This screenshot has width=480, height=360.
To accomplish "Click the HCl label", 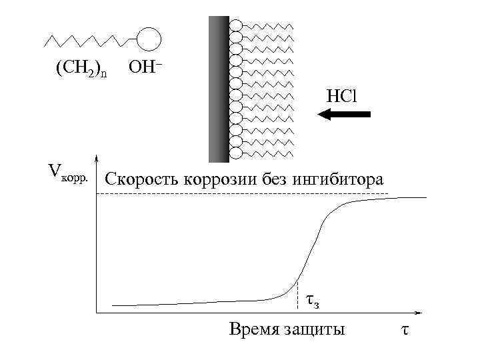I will (x=342, y=95).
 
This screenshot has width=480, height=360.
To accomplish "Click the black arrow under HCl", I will (x=344, y=115).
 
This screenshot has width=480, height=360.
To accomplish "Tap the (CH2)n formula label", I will (x=81, y=69).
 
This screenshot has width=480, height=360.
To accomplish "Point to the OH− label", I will (x=145, y=68).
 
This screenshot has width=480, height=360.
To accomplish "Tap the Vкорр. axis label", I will (x=67, y=171).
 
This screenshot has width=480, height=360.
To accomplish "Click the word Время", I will (x=251, y=329).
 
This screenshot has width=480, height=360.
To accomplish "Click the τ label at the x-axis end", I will (x=405, y=329).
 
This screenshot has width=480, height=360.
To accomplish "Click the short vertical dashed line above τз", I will (x=297, y=297).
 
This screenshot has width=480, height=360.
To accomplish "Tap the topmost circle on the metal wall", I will (x=235, y=25).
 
